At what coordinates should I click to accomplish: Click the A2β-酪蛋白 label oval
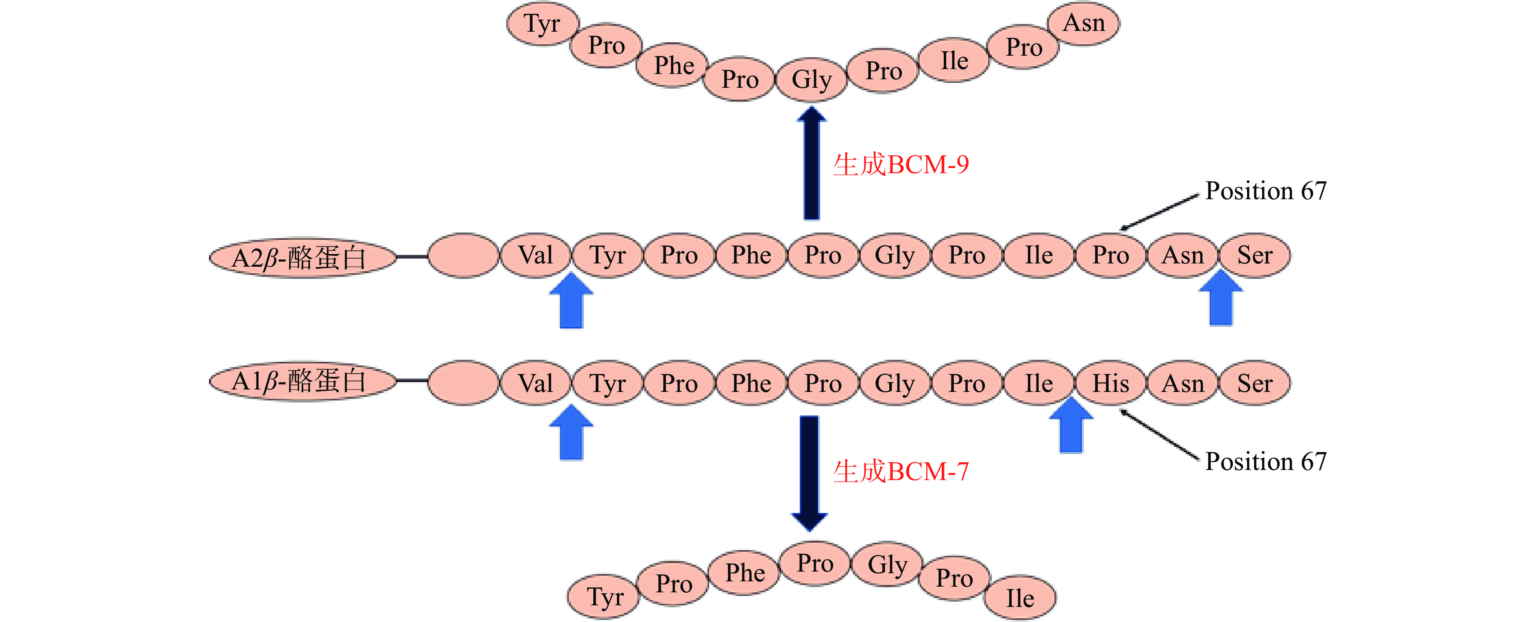302,258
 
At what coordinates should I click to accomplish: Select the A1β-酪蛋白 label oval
302,381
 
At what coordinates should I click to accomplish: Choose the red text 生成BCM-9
901,165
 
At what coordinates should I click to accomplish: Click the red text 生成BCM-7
901,472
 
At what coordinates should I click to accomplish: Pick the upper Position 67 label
1265,191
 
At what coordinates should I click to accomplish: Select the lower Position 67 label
1265,461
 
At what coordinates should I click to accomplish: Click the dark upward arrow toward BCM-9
812,163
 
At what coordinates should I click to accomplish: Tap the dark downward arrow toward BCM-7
809,472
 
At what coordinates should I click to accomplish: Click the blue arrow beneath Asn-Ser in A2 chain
1221,299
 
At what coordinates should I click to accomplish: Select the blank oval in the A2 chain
463,255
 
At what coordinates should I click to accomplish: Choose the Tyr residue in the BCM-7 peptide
604,597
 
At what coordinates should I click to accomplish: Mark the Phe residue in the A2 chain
751,255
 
